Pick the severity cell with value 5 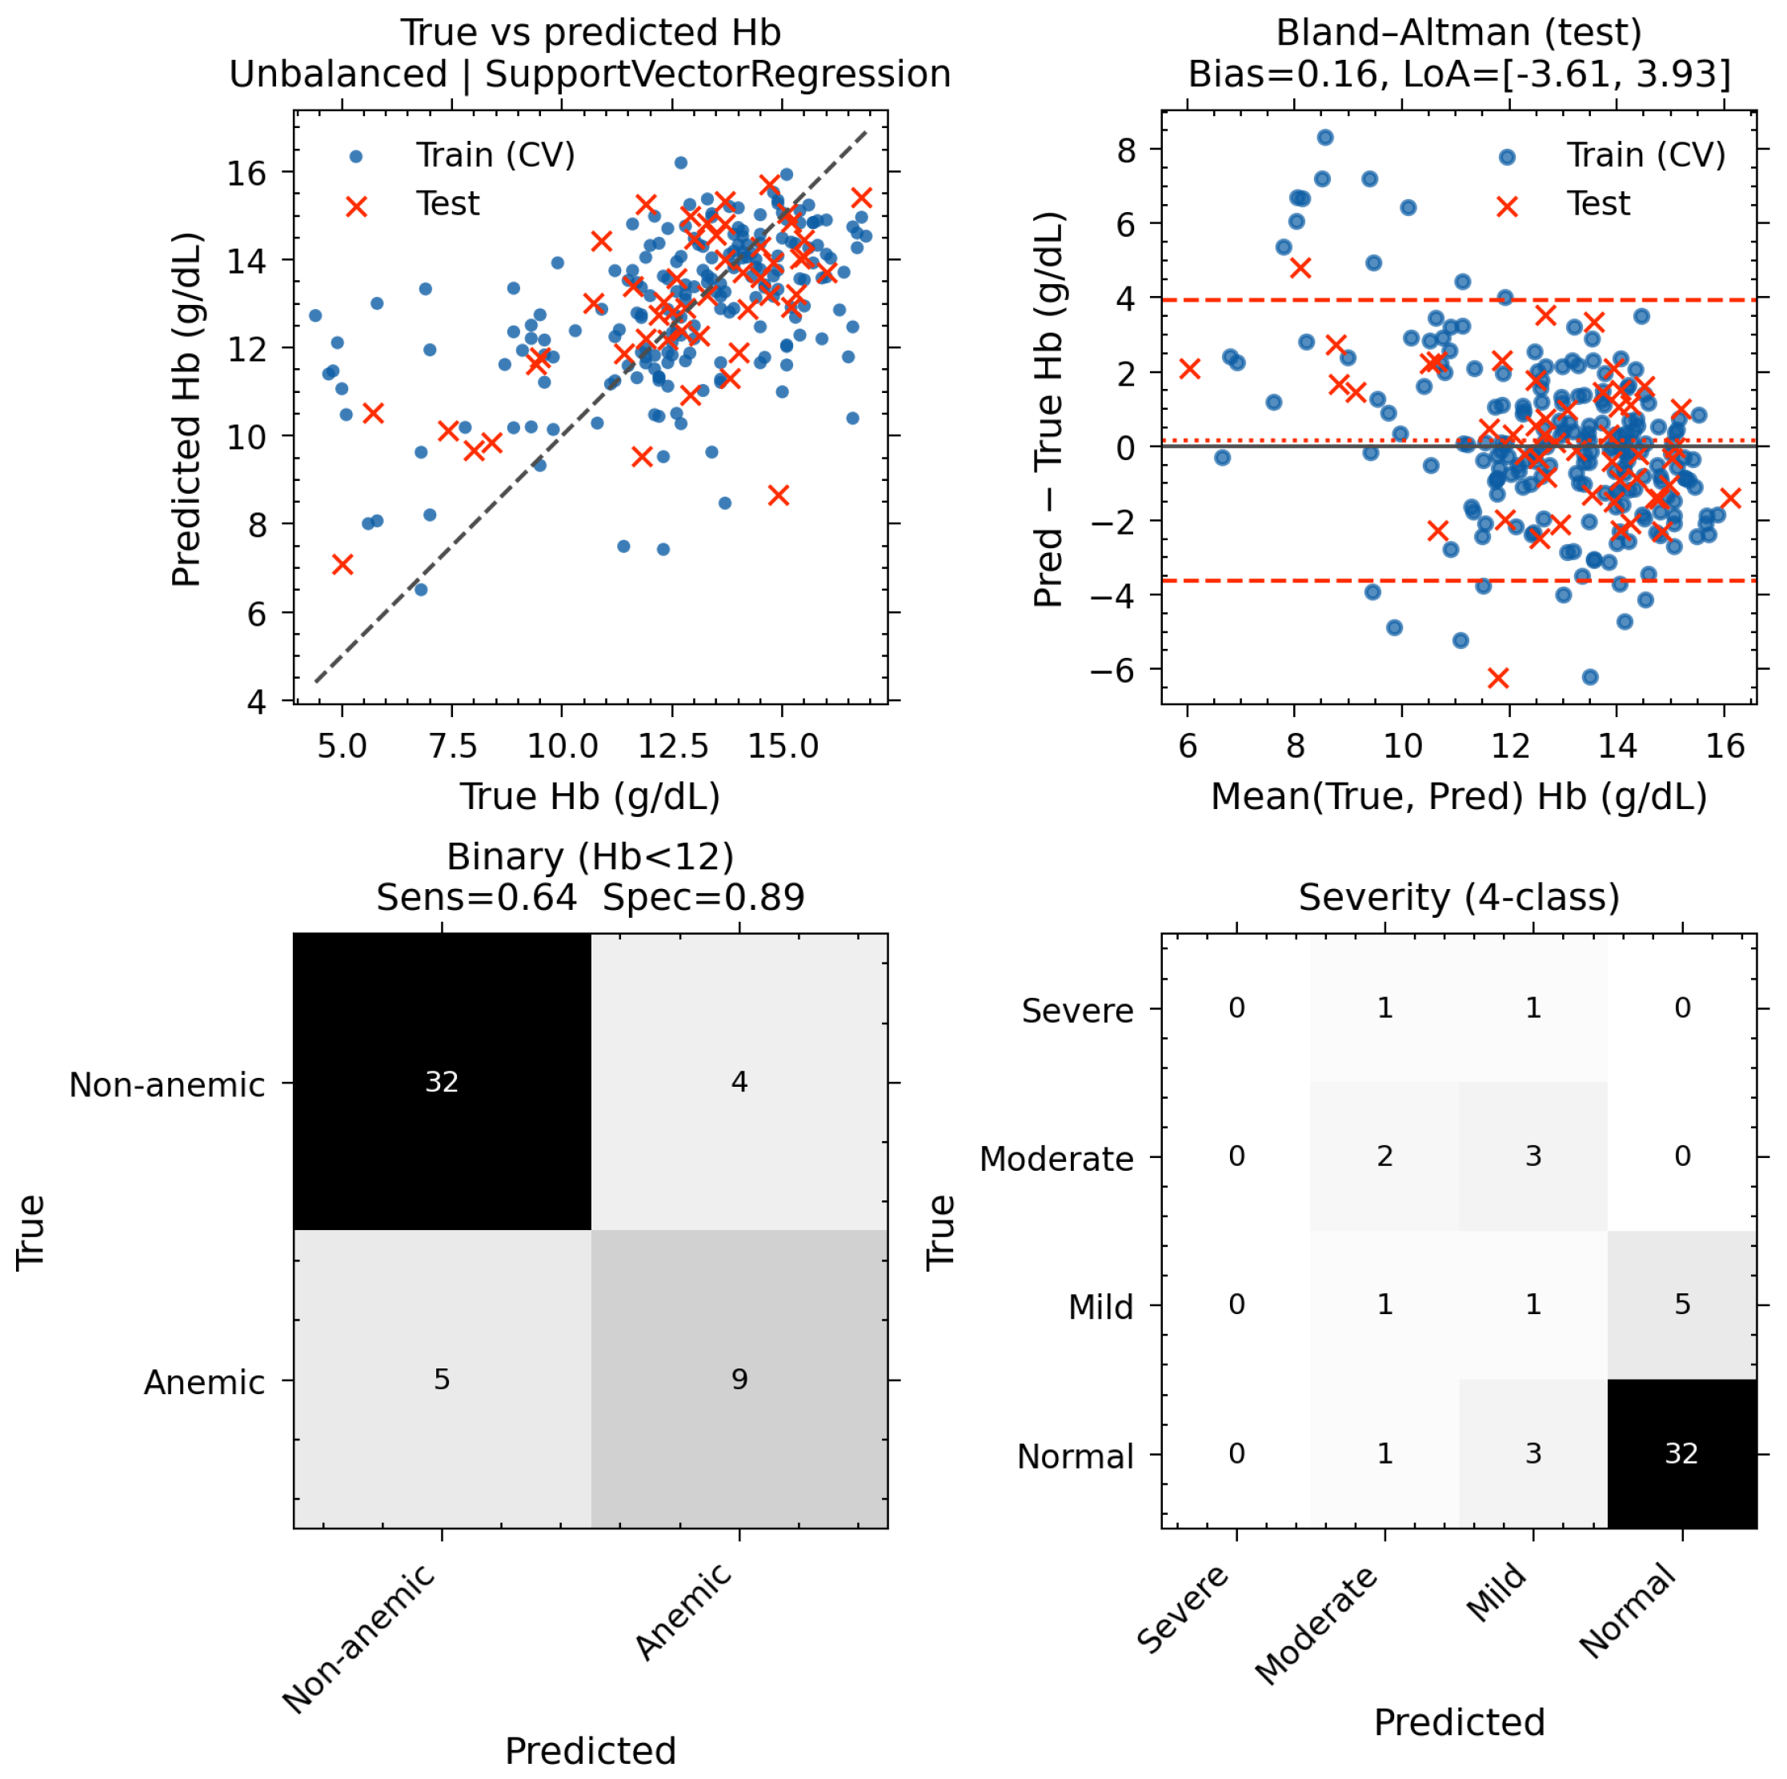(1681, 1304)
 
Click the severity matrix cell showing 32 (1681, 1453)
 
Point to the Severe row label (1078, 1010)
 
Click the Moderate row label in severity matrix (1056, 1158)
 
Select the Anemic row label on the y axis (204, 1382)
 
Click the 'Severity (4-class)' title (1459, 897)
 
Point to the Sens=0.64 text (476, 897)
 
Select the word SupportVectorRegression (718, 74)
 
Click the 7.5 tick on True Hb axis (452, 746)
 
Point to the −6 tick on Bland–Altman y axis (1112, 670)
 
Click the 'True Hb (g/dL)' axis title (590, 796)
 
